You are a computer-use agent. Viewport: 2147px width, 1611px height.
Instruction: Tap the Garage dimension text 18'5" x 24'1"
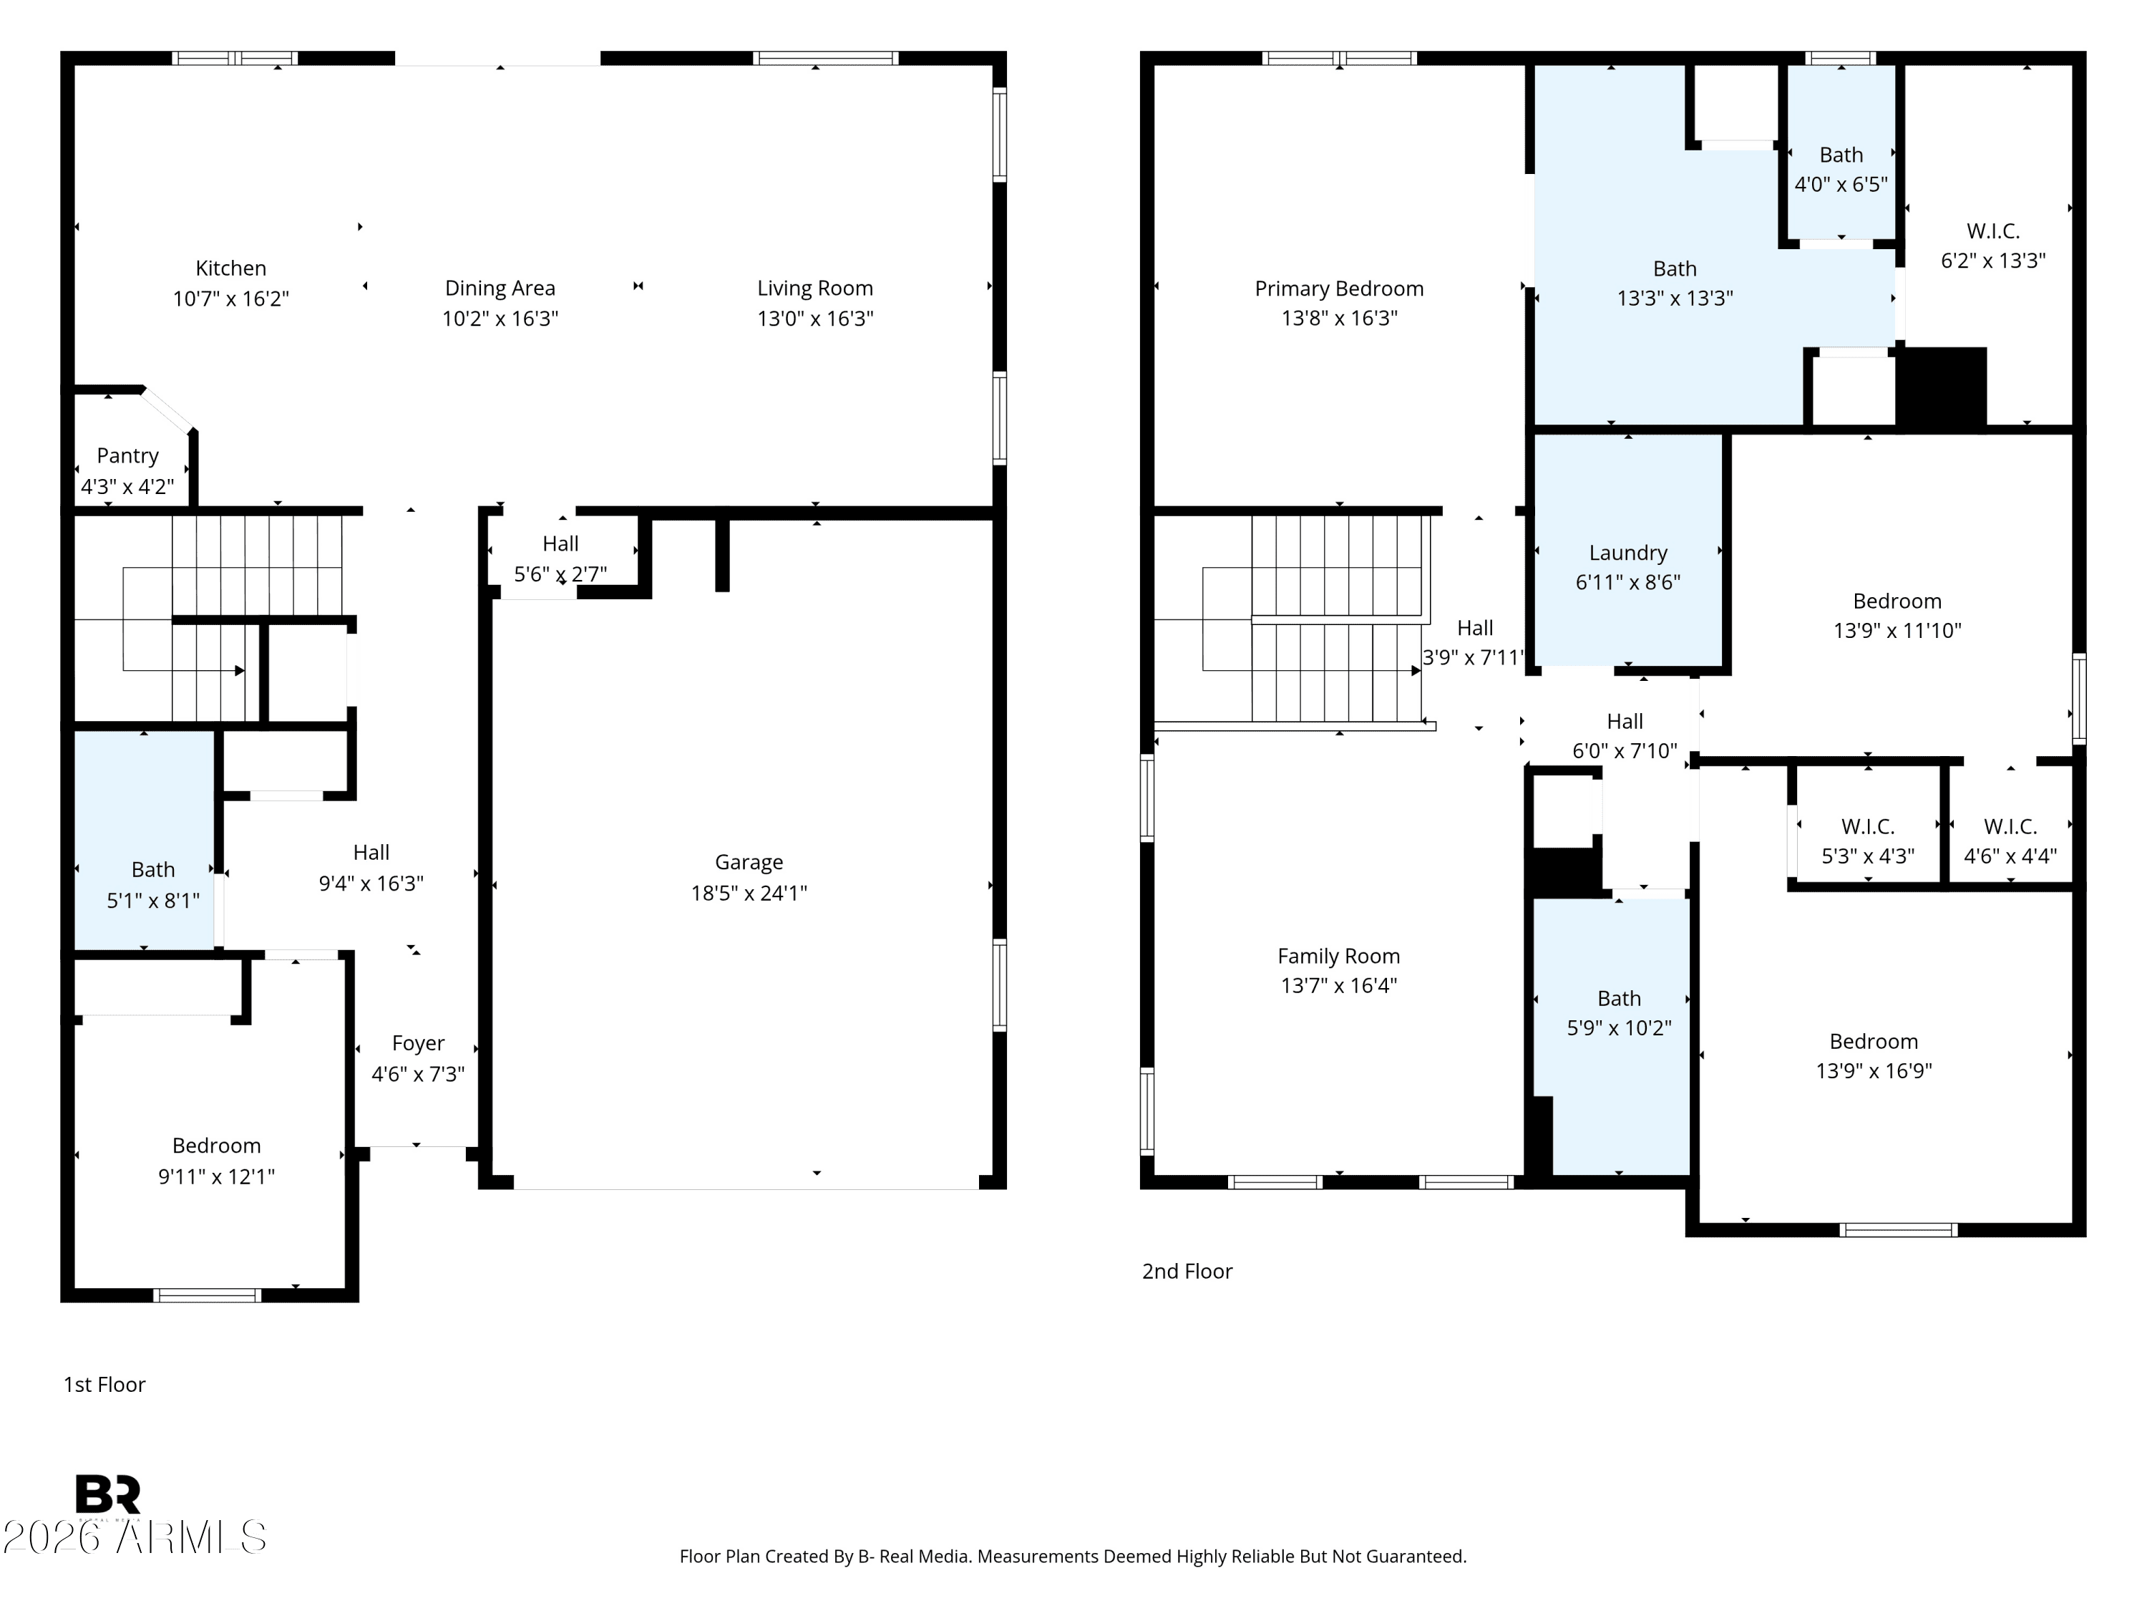click(749, 892)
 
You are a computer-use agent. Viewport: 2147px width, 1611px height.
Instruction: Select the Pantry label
click(127, 455)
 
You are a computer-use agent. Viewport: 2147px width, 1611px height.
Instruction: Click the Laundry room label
click(1627, 553)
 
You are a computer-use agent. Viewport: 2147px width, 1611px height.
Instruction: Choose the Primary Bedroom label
click(1338, 289)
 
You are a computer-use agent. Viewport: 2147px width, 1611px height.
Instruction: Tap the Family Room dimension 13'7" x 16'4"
click(1338, 986)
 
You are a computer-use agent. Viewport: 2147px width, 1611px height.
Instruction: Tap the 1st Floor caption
click(104, 1385)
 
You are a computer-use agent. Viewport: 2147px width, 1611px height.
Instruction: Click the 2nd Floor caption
click(1186, 1271)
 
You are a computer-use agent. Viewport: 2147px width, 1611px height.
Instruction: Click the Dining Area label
click(500, 289)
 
